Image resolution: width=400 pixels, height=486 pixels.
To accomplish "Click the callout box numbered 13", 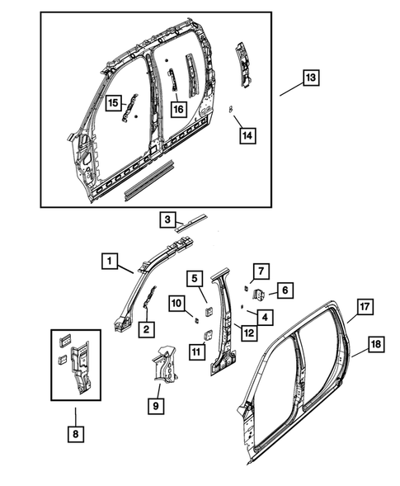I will [x=310, y=78].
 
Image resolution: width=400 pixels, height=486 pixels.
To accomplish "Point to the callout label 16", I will [x=177, y=109].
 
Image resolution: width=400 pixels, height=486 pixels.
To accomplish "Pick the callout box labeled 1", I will [x=109, y=261].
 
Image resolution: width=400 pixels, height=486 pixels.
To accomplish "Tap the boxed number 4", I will [x=264, y=314].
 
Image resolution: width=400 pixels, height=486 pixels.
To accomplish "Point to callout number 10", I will [x=177, y=304].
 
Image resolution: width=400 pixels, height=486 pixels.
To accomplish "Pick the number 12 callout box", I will [x=245, y=332].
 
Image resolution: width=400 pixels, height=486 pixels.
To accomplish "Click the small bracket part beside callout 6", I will [x=258, y=292].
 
